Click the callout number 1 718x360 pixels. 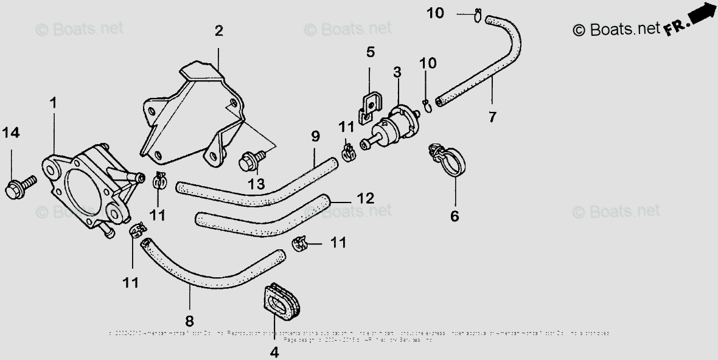(53, 103)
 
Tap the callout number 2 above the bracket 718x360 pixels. (218, 31)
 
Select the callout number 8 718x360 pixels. (189, 320)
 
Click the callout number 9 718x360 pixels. (315, 136)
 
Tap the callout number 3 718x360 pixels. (397, 73)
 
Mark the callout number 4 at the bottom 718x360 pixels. (274, 352)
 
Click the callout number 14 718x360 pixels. (12, 132)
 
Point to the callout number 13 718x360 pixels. (256, 183)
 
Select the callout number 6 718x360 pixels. (455, 215)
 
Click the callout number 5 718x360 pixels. (371, 52)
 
